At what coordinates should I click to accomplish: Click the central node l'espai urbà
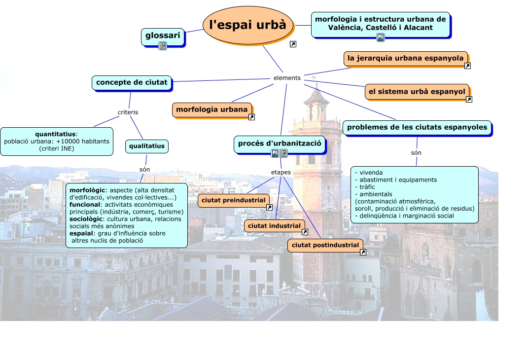point(247,25)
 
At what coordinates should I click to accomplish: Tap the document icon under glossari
point(163,46)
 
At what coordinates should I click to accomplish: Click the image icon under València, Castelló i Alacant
point(380,37)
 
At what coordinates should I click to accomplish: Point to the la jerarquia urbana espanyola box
point(405,58)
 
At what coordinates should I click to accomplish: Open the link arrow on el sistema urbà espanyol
point(469,100)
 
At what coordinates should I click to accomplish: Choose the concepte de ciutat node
point(132,82)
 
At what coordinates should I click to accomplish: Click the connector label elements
point(287,78)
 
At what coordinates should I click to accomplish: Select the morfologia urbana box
point(211,109)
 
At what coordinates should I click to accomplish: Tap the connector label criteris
point(128,112)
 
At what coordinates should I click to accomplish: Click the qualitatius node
point(146,146)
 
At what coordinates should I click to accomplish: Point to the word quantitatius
point(55,134)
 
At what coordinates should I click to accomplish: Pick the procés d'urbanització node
point(280,144)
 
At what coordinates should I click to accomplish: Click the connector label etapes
point(281,173)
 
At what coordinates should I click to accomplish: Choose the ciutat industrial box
point(274,226)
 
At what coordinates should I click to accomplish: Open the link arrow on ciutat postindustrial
point(363,252)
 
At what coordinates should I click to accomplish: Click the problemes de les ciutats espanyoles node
point(417,127)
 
